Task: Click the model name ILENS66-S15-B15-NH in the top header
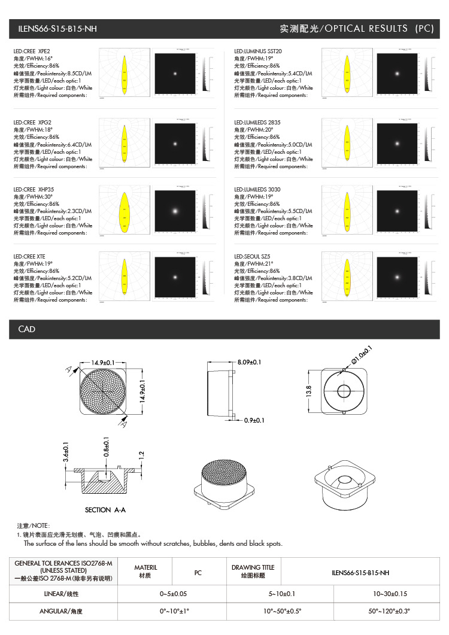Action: (x=57, y=29)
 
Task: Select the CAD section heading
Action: (x=27, y=329)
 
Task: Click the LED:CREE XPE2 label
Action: (x=32, y=51)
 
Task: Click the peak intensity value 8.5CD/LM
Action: (x=80, y=73)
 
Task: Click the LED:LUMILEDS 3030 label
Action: (x=257, y=190)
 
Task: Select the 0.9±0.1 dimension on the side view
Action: (x=254, y=420)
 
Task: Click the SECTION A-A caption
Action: (x=106, y=510)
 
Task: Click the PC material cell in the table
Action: (x=198, y=572)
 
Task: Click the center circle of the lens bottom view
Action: (x=344, y=391)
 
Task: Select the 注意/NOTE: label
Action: (x=34, y=525)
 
